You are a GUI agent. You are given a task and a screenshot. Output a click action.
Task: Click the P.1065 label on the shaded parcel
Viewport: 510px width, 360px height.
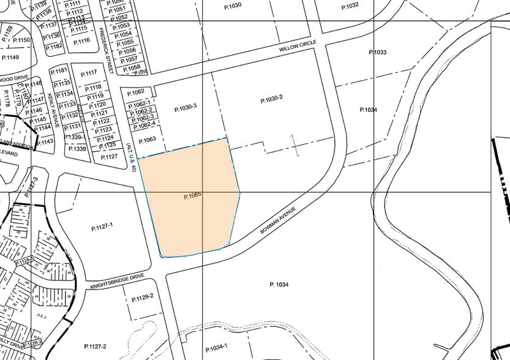point(192,197)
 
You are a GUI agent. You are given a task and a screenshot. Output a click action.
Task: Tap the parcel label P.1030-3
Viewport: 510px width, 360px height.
point(185,107)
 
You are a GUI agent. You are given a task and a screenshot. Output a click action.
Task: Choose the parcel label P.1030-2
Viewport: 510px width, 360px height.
point(271,99)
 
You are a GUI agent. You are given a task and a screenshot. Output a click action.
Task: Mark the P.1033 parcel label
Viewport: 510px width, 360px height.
point(377,52)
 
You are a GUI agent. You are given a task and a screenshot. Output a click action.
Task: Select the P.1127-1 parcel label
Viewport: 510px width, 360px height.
point(102,227)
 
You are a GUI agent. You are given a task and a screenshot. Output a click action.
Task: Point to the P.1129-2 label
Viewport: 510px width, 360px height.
point(143,296)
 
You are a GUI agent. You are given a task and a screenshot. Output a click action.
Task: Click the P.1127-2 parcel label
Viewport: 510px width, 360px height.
point(95,347)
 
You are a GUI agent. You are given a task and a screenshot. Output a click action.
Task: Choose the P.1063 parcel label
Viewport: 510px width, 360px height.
point(147,140)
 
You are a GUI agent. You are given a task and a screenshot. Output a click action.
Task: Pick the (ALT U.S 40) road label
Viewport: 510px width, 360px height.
point(129,157)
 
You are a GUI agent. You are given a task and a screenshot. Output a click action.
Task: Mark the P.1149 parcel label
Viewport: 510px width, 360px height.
point(10,57)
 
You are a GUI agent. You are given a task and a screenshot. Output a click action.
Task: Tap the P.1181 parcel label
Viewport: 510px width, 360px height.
point(59,71)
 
